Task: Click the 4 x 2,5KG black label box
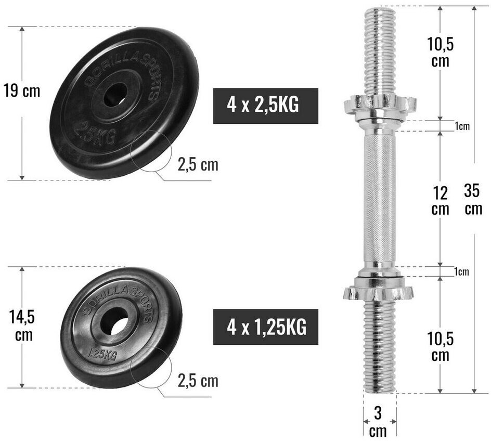(x=266, y=106)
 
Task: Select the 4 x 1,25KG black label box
(x=266, y=327)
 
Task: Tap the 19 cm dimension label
(x=22, y=91)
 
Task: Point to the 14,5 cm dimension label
(x=22, y=326)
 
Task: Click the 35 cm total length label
(x=473, y=199)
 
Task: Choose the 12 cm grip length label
(x=440, y=201)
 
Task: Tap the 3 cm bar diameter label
(x=378, y=422)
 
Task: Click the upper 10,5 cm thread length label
(x=440, y=52)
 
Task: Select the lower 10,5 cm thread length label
(x=440, y=347)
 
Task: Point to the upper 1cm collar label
(x=462, y=126)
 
